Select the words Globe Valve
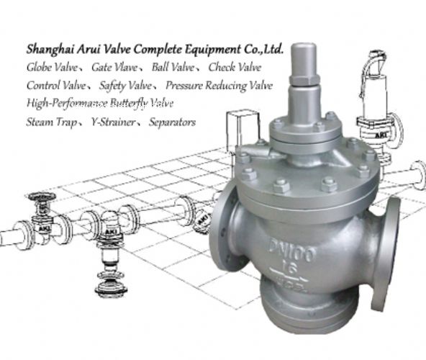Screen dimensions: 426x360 52,67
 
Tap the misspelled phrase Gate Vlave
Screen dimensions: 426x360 114,67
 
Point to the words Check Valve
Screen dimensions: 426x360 235,67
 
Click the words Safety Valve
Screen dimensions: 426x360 125,86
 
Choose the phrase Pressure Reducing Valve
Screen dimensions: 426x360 219,86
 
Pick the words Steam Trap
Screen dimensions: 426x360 51,122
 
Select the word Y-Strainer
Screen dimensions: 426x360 113,122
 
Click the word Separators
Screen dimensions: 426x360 172,122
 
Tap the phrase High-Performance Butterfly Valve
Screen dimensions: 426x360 100,104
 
